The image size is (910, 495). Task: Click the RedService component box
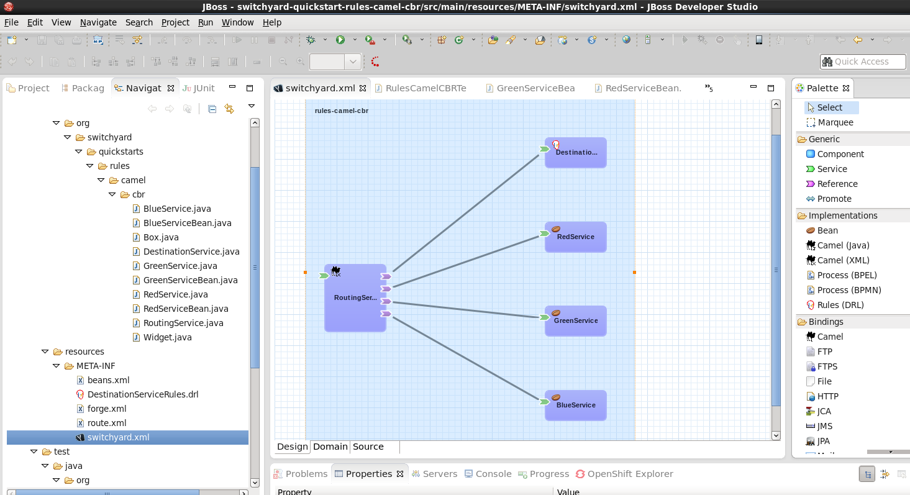tap(576, 237)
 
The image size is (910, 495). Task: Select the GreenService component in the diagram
tap(576, 321)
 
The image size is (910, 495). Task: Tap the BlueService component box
tap(576, 406)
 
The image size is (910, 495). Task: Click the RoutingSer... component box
tap(355, 297)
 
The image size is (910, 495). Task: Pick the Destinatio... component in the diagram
tap(576, 153)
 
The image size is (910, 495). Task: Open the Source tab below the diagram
tap(368, 447)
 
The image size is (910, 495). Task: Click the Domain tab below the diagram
tap(330, 447)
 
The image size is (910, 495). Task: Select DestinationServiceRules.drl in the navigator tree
tap(143, 394)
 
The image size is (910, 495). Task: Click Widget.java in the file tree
tap(167, 337)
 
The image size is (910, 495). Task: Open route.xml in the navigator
tap(106, 423)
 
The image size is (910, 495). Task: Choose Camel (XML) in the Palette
tap(843, 260)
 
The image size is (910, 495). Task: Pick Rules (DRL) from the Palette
tap(840, 305)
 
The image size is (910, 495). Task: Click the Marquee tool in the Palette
tap(835, 122)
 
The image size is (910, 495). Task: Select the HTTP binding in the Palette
tap(827, 396)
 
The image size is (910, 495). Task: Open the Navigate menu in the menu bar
tap(98, 22)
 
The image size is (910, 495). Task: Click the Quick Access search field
tap(863, 61)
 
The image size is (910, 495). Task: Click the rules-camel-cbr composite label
tap(341, 111)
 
